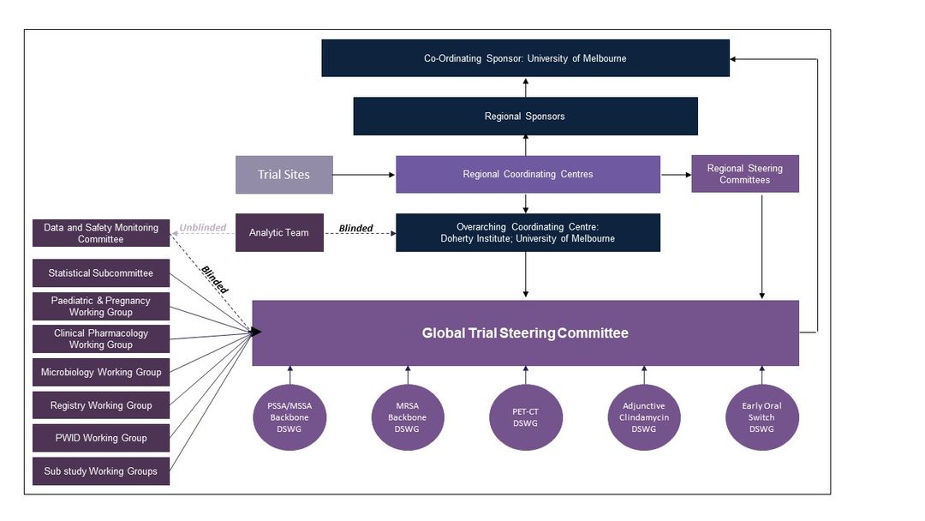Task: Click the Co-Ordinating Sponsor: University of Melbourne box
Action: pos(525,58)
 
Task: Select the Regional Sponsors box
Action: pos(525,117)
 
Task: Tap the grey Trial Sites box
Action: pos(284,175)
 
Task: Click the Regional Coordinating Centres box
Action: pos(528,174)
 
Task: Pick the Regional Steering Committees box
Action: pos(745,174)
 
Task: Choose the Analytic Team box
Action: pos(279,232)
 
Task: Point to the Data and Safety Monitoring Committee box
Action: pos(101,233)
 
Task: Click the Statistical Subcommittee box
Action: pos(101,273)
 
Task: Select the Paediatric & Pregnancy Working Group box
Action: pos(101,306)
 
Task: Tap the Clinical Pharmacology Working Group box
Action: pos(101,338)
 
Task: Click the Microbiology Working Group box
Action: pos(101,372)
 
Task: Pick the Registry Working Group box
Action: pos(101,405)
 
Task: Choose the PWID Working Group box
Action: pos(101,438)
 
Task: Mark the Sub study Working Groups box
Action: pos(101,470)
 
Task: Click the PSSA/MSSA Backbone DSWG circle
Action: pos(289,417)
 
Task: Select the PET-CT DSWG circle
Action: pos(526,417)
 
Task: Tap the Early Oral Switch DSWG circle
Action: pos(761,417)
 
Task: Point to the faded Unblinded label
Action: pos(203,228)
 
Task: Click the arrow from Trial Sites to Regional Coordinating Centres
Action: pos(364,176)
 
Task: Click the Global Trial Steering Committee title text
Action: pos(525,333)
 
